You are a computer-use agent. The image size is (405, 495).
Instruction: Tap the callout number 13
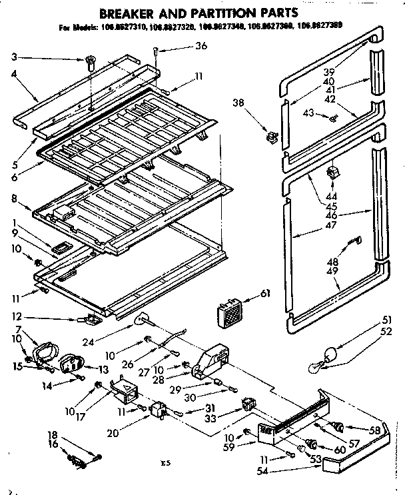(x=105, y=368)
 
